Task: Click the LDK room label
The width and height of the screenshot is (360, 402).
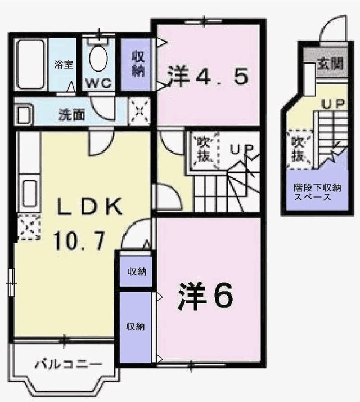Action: pyautogui.click(x=88, y=207)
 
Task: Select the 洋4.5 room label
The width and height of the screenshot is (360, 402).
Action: pyautogui.click(x=208, y=76)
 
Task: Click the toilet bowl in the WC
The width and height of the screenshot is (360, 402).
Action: pyautogui.click(x=100, y=59)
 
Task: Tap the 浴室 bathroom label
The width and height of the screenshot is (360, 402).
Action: pyautogui.click(x=64, y=64)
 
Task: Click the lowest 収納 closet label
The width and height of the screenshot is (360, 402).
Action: pyautogui.click(x=134, y=327)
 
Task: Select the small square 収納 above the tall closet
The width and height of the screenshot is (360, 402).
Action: pyautogui.click(x=136, y=273)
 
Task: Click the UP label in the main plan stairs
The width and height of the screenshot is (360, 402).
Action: pyautogui.click(x=242, y=150)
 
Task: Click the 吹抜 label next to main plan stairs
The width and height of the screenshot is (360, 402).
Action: pyautogui.click(x=202, y=150)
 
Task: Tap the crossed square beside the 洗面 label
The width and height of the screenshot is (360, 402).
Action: pyautogui.click(x=139, y=110)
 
